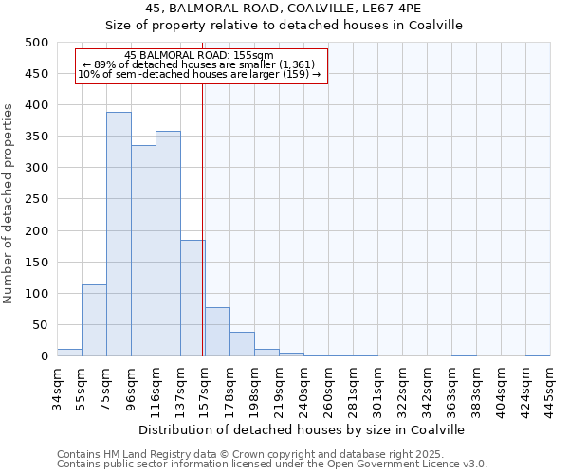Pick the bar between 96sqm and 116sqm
[x=143, y=251]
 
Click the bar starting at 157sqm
[x=217, y=332]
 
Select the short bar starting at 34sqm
[x=69, y=353]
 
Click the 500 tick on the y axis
[x=37, y=43]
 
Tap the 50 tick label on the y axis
[x=41, y=325]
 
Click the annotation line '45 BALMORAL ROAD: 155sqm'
[x=199, y=55]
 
